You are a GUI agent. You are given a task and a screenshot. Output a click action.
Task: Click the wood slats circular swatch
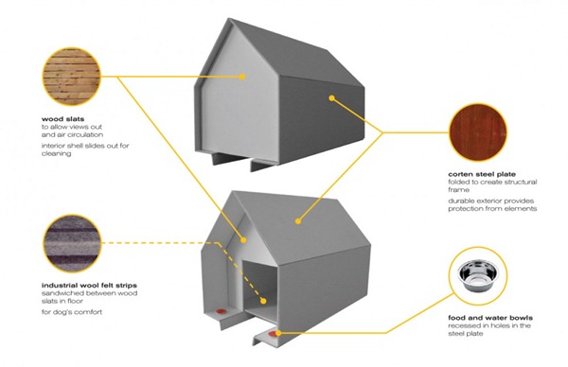tap(71, 77)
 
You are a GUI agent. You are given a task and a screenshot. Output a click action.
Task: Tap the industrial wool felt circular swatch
tap(71, 243)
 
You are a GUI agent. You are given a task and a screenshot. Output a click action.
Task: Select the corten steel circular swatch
tap(478, 132)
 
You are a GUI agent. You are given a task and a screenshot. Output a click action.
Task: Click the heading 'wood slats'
tap(62, 119)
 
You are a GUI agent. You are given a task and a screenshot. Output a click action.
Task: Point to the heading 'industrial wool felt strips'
tap(89, 286)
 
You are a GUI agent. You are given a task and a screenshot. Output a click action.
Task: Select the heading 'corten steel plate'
tap(482, 174)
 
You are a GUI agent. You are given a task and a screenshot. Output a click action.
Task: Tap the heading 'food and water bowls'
tap(490, 318)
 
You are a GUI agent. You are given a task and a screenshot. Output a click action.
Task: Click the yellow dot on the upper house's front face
tap(242, 77)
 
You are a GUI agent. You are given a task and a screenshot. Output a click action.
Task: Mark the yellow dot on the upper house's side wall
tap(332, 97)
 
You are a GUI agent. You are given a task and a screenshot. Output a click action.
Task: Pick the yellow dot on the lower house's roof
tap(298, 220)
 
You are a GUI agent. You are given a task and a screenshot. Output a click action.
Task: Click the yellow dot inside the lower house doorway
tap(263, 301)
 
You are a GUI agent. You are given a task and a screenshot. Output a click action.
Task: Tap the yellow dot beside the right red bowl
tap(278, 333)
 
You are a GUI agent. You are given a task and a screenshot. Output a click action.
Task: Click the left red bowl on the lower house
tap(221, 311)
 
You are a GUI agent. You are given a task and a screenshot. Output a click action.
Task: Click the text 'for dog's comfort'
tap(72, 312)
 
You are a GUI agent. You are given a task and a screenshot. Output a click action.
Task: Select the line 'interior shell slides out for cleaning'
tap(85, 149)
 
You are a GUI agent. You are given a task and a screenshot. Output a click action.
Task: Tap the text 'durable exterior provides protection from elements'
tap(492, 204)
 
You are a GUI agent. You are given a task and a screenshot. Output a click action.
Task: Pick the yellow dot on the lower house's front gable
tap(243, 239)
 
